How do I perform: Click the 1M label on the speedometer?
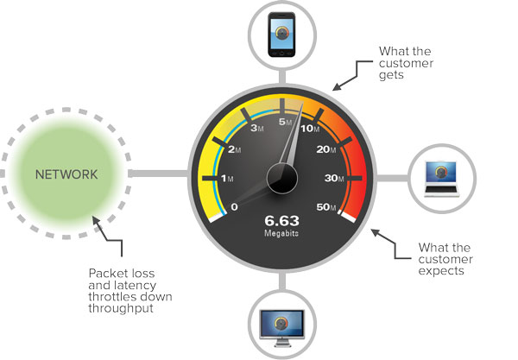coord(229,179)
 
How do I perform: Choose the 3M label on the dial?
coord(256,129)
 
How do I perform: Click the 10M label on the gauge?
coord(309,129)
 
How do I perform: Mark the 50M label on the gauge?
coord(328,207)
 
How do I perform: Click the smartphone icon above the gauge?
coord(281,35)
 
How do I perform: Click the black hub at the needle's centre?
coord(282,179)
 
